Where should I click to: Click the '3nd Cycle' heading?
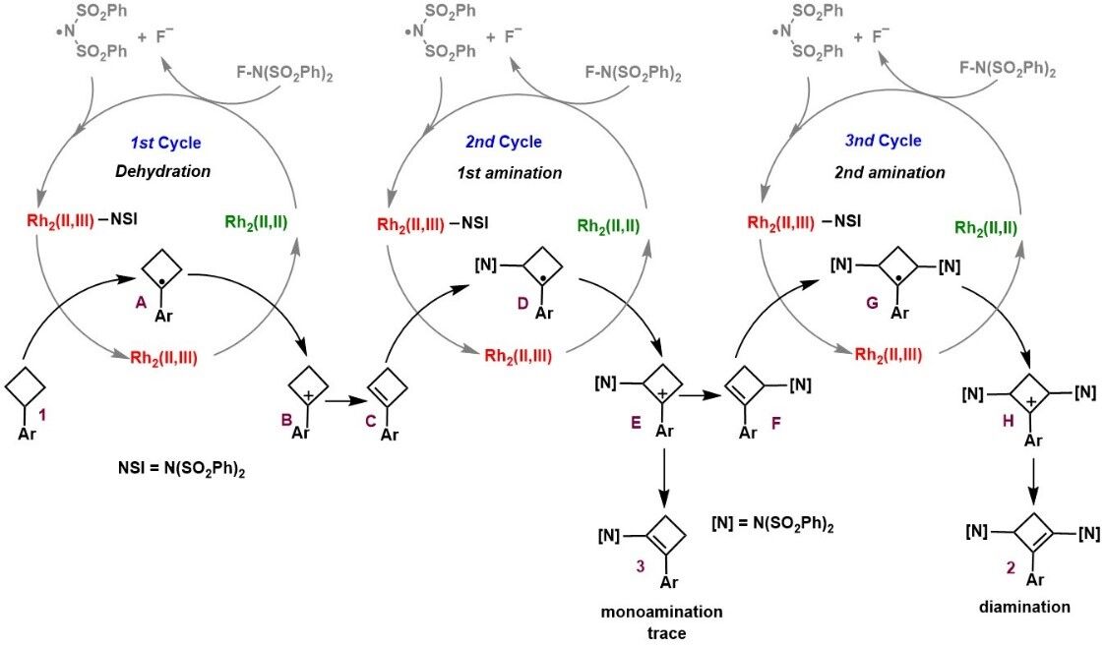(884, 141)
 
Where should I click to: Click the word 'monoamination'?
(661, 612)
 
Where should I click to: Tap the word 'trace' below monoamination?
(661, 633)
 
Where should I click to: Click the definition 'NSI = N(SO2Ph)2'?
(181, 469)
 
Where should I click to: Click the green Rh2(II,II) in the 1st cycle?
(256, 223)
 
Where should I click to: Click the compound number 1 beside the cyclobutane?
(42, 417)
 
